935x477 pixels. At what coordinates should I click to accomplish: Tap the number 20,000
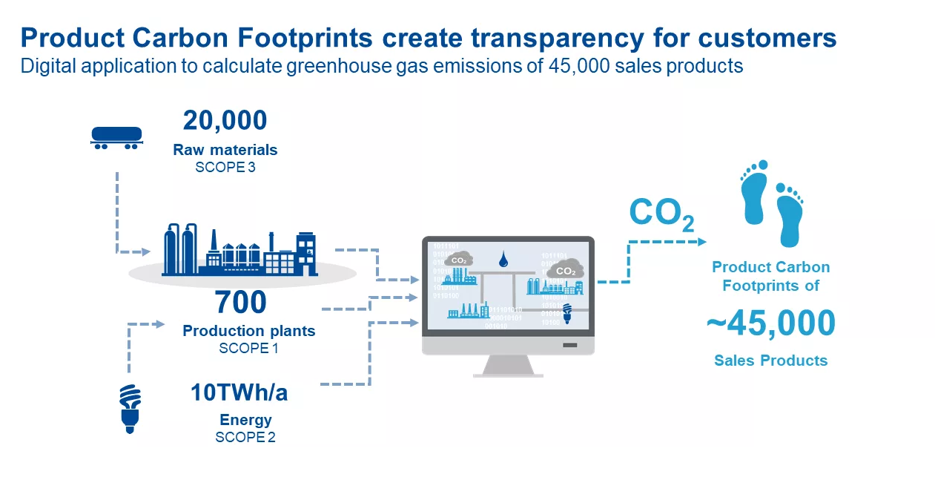pyautogui.click(x=225, y=120)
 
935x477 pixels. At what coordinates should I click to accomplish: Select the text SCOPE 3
pyautogui.click(x=225, y=167)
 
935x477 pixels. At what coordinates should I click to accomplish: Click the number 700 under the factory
pyautogui.click(x=240, y=303)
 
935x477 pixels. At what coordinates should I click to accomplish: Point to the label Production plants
pyautogui.click(x=248, y=331)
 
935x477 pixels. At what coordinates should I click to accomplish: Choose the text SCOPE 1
pyautogui.click(x=248, y=348)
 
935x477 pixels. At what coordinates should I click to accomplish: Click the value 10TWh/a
pyautogui.click(x=239, y=392)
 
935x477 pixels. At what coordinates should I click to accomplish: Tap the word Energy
pyautogui.click(x=245, y=420)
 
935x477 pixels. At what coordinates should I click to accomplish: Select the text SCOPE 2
pyautogui.click(x=245, y=437)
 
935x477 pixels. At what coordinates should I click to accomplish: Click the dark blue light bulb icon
pyautogui.click(x=130, y=407)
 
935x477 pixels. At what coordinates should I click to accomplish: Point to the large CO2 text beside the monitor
pyautogui.click(x=661, y=213)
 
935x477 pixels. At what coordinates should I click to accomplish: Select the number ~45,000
pyautogui.click(x=770, y=323)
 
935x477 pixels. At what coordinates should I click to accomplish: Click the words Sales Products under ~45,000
pyautogui.click(x=770, y=361)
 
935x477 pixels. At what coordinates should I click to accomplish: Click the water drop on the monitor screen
pyautogui.click(x=503, y=259)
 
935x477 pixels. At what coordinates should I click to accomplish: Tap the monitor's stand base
pyautogui.click(x=508, y=371)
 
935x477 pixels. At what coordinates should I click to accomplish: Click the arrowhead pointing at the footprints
pyautogui.click(x=701, y=241)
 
